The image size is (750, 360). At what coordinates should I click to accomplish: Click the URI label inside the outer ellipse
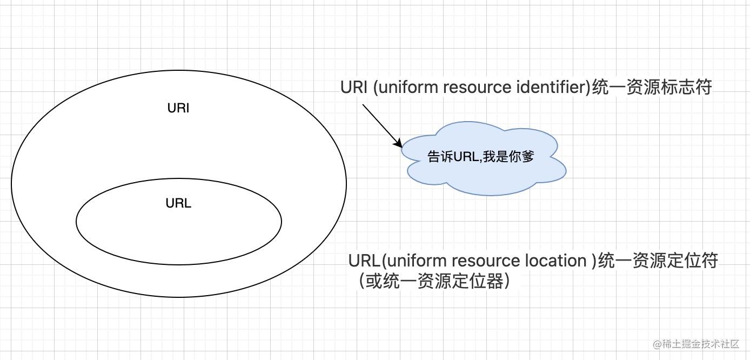(x=178, y=108)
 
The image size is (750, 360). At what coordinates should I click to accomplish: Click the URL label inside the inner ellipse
(x=178, y=204)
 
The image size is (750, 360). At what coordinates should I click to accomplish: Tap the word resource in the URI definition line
(x=477, y=87)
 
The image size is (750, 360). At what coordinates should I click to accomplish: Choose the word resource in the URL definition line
(x=486, y=261)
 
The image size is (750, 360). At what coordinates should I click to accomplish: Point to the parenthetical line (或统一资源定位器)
(x=433, y=282)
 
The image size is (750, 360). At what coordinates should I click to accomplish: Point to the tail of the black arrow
(x=363, y=105)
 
